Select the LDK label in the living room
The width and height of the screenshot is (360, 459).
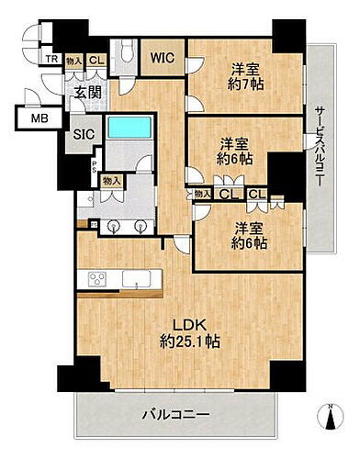pyautogui.click(x=188, y=323)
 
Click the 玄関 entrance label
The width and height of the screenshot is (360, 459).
pyautogui.click(x=88, y=93)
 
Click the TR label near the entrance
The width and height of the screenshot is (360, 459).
pyautogui.click(x=54, y=61)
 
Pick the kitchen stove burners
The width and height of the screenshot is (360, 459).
pyautogui.click(x=96, y=279)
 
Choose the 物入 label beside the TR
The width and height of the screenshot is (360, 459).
pyautogui.click(x=74, y=61)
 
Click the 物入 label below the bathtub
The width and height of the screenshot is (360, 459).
pyautogui.click(x=111, y=182)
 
